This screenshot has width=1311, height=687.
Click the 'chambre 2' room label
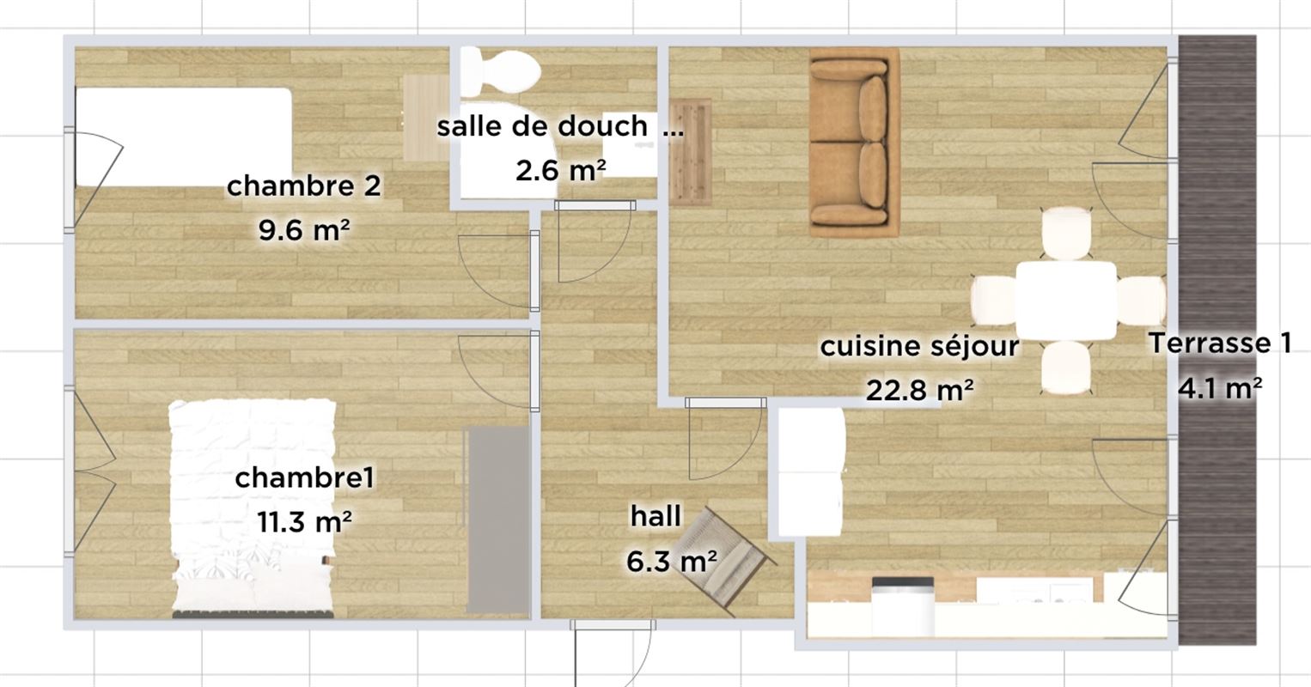304,186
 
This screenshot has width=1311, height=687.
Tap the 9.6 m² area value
304,230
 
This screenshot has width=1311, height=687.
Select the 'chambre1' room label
304,478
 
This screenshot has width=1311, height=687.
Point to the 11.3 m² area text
304,521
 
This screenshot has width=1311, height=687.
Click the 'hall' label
655,516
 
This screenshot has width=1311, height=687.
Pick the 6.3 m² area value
672,561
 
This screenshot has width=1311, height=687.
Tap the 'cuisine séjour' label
919,346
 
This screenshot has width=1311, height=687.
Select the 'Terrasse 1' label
1220,343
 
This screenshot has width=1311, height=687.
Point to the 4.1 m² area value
1220,387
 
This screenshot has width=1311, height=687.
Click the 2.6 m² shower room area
561,170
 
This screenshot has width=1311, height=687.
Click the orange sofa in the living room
855,143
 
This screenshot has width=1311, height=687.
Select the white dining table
1066,301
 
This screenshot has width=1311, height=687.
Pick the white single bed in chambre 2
183,137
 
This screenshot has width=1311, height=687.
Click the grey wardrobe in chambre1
497,520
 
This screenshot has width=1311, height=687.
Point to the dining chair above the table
1066,233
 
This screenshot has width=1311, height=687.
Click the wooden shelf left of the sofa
691,152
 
